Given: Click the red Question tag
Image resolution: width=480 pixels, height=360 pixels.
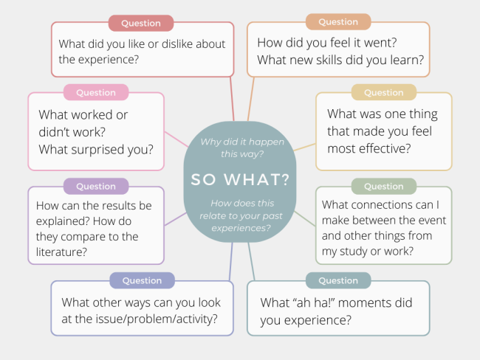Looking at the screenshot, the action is pyautogui.click(x=141, y=24).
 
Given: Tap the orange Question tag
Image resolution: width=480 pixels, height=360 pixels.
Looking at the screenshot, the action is pyautogui.click(x=338, y=22).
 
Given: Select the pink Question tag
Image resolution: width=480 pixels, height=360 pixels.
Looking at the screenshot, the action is pyautogui.click(x=96, y=92).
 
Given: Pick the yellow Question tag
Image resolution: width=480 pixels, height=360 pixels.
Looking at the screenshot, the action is pyautogui.click(x=384, y=92).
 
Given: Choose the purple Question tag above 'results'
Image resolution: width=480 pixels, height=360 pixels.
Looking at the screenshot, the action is pyautogui.click(x=96, y=186).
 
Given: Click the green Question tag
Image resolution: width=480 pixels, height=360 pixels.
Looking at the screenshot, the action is pyautogui.click(x=384, y=186).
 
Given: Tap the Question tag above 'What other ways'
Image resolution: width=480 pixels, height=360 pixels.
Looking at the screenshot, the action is pyautogui.click(x=142, y=280).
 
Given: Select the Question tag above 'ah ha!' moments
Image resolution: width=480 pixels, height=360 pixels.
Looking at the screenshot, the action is pyautogui.click(x=338, y=280).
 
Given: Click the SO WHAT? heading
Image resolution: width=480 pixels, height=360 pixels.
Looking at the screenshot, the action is pyautogui.click(x=240, y=179).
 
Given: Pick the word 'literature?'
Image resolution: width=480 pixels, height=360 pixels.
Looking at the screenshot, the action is pyautogui.click(x=61, y=252).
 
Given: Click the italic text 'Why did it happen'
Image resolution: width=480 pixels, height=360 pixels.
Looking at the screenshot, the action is pyautogui.click(x=242, y=142).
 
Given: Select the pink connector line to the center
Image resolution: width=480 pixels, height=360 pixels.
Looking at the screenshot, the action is pyautogui.click(x=176, y=139).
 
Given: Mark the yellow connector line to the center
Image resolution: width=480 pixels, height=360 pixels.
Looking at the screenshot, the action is pyautogui.click(x=304, y=147).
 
